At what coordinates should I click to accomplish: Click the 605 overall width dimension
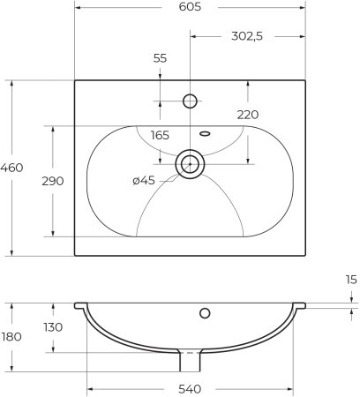(189, 8)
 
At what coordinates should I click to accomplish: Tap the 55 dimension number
(160, 58)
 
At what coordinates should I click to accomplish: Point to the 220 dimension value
(248, 115)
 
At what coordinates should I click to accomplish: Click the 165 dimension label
(160, 135)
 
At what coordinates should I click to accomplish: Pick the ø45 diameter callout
(145, 181)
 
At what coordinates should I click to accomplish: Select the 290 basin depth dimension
(53, 181)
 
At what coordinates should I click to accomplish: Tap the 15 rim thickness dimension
(351, 280)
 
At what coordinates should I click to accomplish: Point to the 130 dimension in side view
(53, 327)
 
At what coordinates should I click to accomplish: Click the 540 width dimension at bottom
(190, 389)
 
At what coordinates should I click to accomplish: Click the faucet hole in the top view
(189, 100)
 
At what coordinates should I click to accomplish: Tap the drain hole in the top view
(189, 163)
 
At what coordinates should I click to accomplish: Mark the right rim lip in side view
(299, 306)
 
